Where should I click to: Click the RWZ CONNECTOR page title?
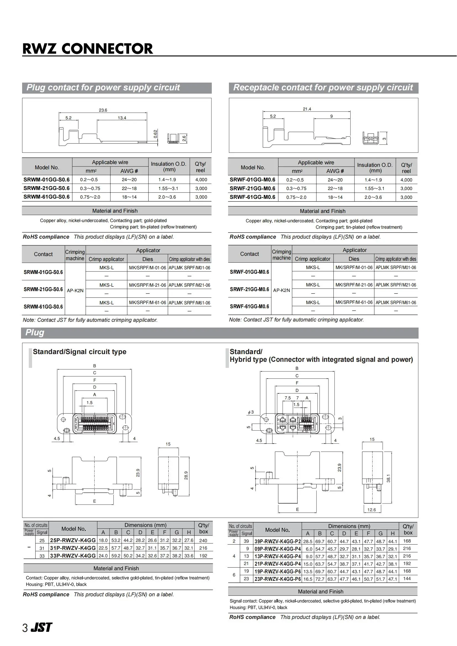(88, 49)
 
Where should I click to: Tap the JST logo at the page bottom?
(41, 627)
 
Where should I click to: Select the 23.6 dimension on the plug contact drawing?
(103, 110)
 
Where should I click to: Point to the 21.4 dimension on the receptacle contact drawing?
(307, 109)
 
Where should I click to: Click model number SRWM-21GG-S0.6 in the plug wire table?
(46, 188)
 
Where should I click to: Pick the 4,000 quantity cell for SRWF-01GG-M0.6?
(406, 180)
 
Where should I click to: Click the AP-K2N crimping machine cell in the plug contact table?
(75, 290)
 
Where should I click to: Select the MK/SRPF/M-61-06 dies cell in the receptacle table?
(354, 302)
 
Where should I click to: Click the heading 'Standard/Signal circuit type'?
(79, 352)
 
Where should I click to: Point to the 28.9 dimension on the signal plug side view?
(186, 475)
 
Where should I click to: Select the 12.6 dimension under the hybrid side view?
(371, 510)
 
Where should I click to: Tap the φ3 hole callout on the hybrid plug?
(250, 412)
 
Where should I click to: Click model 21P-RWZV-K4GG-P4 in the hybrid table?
(277, 564)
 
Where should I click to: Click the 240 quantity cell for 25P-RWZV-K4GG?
(203, 540)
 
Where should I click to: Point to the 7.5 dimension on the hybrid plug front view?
(288, 398)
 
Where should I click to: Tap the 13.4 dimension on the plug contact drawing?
(122, 118)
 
